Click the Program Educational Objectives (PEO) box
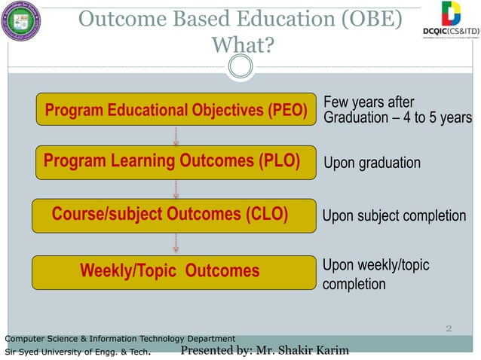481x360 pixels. pyautogui.click(x=176, y=110)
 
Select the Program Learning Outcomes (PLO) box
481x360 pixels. pyautogui.click(x=176, y=162)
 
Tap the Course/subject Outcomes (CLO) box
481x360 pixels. pyautogui.click(x=173, y=215)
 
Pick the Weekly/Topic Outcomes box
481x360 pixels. pyautogui.click(x=173, y=271)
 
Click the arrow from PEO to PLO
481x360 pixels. pyautogui.click(x=176, y=136)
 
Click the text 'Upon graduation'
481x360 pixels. pyautogui.click(x=372, y=163)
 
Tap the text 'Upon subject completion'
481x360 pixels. pyautogui.click(x=394, y=216)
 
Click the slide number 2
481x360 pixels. pyautogui.click(x=449, y=328)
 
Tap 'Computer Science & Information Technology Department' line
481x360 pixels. pyautogui.click(x=120, y=338)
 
